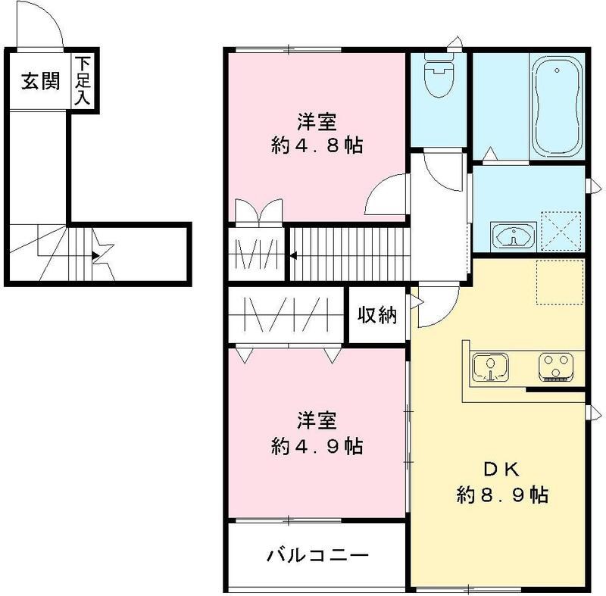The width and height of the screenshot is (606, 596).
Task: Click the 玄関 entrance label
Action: point(39,82)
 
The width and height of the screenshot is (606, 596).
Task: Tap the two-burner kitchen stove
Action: point(559,367)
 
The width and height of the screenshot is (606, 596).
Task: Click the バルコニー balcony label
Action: point(317,557)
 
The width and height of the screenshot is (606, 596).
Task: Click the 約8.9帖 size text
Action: point(502,496)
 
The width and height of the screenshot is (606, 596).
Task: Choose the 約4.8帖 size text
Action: point(317,145)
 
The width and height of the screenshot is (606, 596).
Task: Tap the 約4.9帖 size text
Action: point(317,445)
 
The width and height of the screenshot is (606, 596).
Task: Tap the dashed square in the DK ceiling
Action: point(560,282)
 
